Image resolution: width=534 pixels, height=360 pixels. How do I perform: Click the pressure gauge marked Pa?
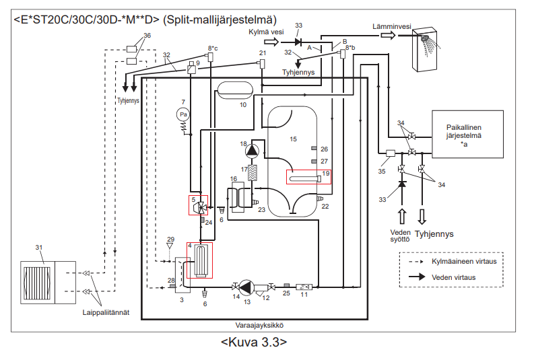[x=182, y=115]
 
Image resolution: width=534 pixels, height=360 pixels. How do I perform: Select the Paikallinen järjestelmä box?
[x=468, y=135]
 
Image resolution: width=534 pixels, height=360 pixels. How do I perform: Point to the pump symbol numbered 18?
[x=253, y=150]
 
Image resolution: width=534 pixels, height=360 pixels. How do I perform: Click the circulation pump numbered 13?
[x=246, y=287]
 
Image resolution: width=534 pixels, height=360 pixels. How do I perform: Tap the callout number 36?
[x=147, y=35]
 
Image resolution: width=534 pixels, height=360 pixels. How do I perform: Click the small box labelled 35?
[x=390, y=154]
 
